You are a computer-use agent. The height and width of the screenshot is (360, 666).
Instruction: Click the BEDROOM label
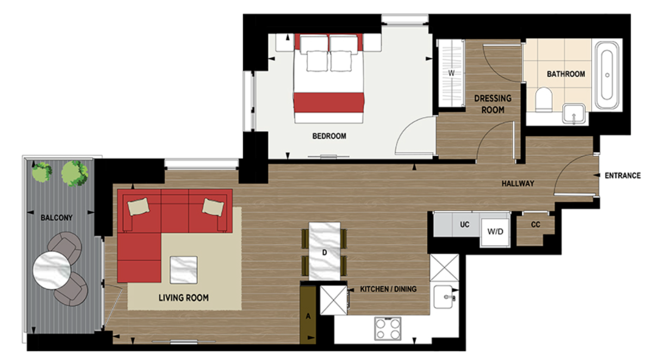click(329, 136)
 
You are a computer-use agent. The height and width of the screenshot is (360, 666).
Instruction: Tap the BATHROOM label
click(565, 74)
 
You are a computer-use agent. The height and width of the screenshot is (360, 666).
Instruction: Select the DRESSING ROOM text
click(493, 104)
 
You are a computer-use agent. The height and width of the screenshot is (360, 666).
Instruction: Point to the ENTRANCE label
click(623, 176)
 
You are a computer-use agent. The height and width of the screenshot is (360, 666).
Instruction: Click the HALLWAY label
click(518, 184)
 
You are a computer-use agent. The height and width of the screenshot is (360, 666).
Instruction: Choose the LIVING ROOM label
click(183, 298)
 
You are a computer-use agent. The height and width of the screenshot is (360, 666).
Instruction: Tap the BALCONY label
click(57, 218)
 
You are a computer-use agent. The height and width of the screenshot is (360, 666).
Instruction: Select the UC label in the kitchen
click(464, 224)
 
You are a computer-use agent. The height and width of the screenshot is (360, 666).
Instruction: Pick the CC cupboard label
click(536, 225)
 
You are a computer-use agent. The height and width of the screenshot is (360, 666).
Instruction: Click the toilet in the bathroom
click(544, 100)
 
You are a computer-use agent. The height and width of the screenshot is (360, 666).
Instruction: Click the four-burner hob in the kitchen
click(387, 327)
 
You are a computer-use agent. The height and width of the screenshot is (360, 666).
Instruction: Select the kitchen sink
click(446, 297)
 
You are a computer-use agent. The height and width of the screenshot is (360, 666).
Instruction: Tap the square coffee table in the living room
click(183, 270)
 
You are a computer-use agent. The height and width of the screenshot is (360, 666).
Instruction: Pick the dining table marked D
click(325, 251)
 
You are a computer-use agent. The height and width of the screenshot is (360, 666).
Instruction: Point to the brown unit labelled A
click(308, 315)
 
